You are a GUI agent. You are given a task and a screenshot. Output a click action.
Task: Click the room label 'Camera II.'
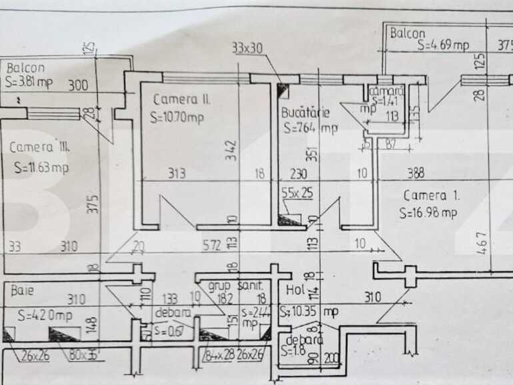(x=181, y=99)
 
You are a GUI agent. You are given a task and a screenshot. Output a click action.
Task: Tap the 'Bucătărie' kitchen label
(x=305, y=113)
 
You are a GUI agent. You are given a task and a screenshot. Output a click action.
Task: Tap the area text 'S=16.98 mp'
(x=428, y=213)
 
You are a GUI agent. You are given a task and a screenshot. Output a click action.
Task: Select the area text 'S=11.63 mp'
(x=41, y=168)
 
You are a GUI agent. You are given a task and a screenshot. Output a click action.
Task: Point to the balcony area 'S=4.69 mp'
(x=443, y=45)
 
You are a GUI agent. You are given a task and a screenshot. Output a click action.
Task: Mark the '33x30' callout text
(x=247, y=48)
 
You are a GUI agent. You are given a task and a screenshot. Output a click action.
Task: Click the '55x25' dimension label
(x=297, y=195)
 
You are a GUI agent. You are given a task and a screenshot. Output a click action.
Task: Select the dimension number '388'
(x=416, y=174)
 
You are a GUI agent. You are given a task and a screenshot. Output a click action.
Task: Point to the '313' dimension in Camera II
(x=177, y=174)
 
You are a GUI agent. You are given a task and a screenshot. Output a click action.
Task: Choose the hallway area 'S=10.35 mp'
(x=309, y=310)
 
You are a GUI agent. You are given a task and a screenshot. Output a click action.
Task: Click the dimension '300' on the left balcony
(x=78, y=85)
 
